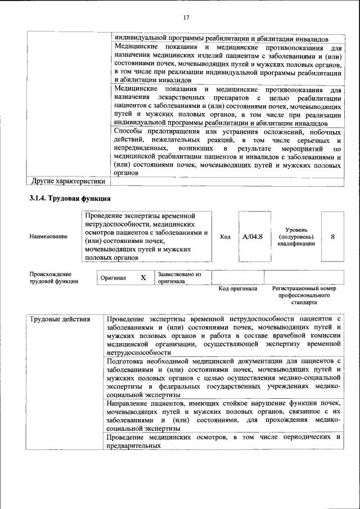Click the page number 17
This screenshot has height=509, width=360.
point(186,16)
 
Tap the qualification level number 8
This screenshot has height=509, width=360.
point(332,237)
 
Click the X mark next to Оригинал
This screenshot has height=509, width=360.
point(143,278)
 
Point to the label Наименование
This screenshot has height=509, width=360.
point(49,237)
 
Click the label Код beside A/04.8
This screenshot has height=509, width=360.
point(225,237)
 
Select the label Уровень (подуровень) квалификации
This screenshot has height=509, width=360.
point(296,237)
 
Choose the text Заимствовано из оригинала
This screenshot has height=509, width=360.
point(179,277)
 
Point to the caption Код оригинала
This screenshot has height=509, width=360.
point(237,289)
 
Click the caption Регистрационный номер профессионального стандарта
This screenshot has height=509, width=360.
point(304,295)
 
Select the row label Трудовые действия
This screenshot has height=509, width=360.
point(60,319)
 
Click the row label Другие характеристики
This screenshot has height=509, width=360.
point(68,181)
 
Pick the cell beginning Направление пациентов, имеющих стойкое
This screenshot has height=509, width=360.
point(223,416)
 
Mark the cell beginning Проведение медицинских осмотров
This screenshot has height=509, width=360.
point(223,442)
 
